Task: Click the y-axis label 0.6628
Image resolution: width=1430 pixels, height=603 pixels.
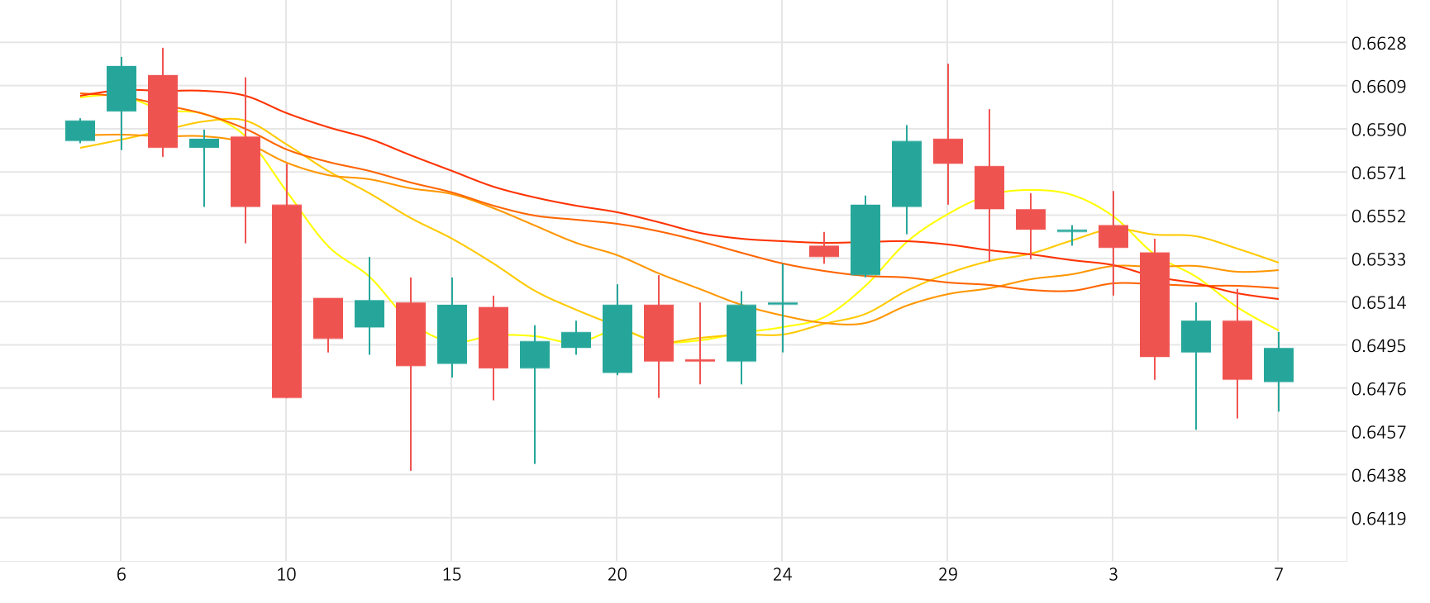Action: pos(1378,44)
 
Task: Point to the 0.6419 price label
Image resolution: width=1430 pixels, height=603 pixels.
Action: pos(1378,519)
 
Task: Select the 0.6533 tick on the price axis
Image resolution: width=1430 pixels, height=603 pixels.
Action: pos(1378,259)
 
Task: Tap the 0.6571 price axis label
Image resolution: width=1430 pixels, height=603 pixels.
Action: pos(1378,173)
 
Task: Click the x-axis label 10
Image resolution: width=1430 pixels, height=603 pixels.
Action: pos(286,574)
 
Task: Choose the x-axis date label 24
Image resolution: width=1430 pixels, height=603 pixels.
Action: pos(782,574)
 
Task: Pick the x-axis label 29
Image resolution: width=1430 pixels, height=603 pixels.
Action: pos(947,574)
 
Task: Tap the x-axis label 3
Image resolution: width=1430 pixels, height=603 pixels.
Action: pos(1113,574)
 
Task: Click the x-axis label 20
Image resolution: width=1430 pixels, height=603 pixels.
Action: pos(617,574)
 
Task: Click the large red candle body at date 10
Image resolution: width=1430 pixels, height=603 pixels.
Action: pos(287,301)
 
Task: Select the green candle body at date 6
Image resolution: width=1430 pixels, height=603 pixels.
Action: pos(122,88)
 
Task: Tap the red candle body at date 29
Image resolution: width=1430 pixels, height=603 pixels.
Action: pos(948,151)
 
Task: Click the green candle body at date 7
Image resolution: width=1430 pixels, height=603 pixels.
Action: pos(1279,365)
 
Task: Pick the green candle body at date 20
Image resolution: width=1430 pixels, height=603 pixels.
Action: pos(617,339)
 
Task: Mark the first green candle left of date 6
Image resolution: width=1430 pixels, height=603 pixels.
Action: pos(80,131)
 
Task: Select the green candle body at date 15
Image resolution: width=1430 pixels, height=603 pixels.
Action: pos(452,334)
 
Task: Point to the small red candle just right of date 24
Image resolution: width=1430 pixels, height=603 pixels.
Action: pos(824,251)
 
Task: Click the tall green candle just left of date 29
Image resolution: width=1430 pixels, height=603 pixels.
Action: pos(907,173)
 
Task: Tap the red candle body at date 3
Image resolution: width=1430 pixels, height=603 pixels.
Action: pos(1113,236)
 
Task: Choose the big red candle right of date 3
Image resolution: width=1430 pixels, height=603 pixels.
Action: pos(1155,304)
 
